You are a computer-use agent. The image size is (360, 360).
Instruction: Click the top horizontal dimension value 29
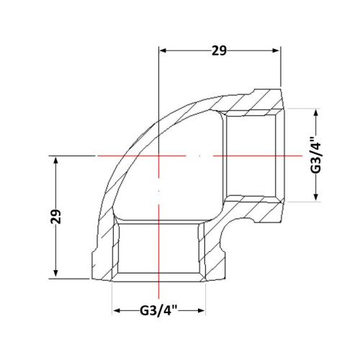coord(219,50)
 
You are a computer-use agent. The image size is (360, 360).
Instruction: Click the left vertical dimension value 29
coord(56,217)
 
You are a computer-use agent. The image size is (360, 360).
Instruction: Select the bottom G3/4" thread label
coord(158,311)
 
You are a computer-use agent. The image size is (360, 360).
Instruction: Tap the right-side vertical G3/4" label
coord(315,155)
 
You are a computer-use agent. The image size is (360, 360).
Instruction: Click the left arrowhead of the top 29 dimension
coord(163,50)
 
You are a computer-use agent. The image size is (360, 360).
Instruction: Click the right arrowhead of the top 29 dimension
coord(276,50)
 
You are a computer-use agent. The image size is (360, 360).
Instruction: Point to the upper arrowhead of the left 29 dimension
coord(56,160)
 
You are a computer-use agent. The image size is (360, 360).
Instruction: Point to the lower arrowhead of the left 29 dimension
coord(56,273)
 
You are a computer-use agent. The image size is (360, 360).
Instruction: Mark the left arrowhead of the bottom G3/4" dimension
coord(117,311)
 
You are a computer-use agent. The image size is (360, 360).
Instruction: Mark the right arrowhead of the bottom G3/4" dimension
coord(201,311)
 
